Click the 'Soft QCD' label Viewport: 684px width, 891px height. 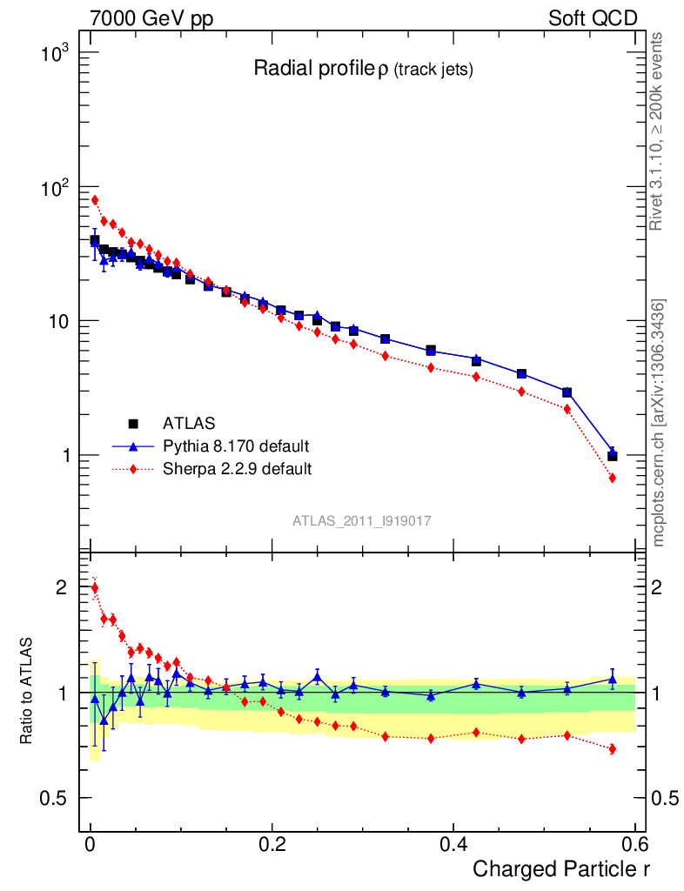pos(593,18)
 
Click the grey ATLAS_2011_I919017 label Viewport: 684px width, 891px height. pos(362,520)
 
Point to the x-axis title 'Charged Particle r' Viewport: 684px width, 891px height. pos(561,868)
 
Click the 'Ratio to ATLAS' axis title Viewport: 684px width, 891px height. pos(28,692)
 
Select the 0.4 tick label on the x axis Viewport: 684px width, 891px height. pos(453,844)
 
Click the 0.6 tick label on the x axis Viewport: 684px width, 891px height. pos(634,844)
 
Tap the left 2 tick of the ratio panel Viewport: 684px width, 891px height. pos(61,587)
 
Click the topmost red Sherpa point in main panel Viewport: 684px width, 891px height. pos(95,200)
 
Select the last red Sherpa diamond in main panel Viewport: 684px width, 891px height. pos(612,478)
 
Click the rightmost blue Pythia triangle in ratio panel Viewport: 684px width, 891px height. pos(612,679)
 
